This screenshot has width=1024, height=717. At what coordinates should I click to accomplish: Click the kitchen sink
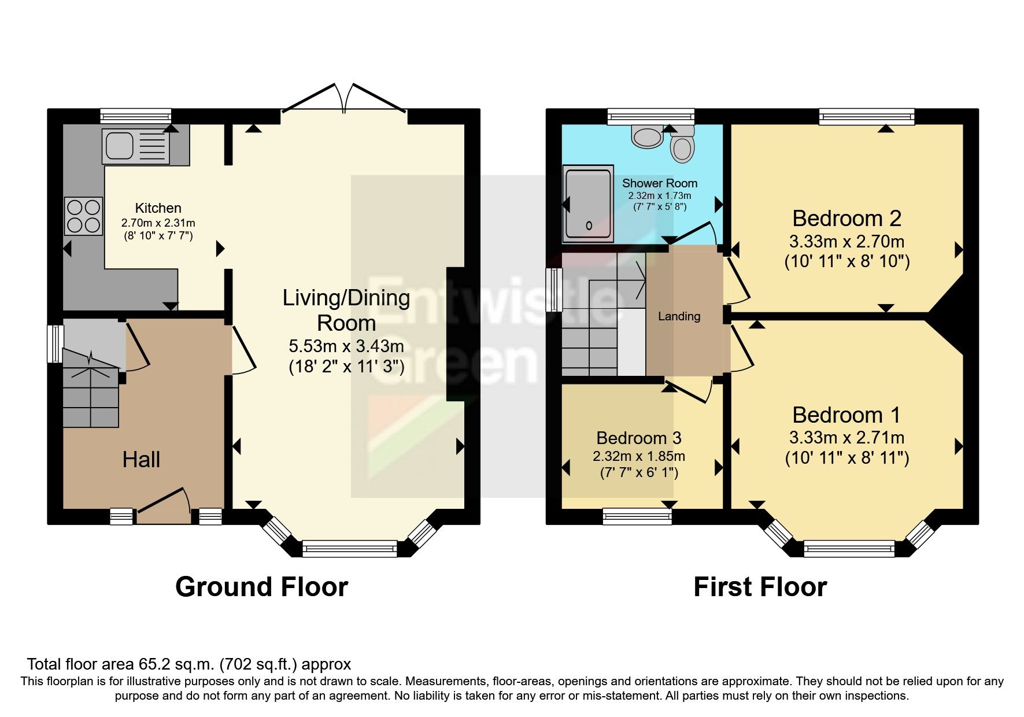(136, 145)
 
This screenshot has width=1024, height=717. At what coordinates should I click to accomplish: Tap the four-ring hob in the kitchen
(84, 216)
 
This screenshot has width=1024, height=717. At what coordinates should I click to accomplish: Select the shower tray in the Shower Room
(588, 204)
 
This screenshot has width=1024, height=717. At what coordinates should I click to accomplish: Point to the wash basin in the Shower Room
(647, 137)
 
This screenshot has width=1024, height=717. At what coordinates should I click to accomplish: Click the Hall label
(141, 460)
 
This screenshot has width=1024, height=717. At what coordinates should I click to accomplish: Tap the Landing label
(679, 316)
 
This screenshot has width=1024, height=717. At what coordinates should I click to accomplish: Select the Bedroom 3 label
(638, 438)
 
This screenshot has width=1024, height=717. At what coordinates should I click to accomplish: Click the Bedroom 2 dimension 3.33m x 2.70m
(846, 242)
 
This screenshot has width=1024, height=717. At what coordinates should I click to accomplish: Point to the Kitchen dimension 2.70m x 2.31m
(158, 223)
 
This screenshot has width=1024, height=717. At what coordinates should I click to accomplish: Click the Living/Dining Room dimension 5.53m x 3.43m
(346, 346)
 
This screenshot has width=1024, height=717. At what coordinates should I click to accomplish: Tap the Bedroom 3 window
(637, 516)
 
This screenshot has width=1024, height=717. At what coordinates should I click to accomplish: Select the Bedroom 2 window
(867, 116)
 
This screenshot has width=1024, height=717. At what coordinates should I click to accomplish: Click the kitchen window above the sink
(136, 116)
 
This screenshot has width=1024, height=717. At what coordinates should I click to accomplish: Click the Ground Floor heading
(261, 587)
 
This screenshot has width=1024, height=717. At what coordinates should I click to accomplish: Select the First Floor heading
(760, 587)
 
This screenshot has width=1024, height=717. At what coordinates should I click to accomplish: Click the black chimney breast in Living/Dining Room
(455, 334)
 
